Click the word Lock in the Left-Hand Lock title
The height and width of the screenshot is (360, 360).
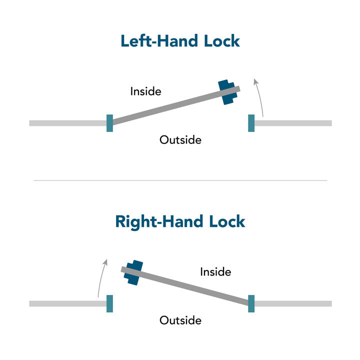coord(222,41)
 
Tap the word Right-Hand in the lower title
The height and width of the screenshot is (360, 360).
coord(159,222)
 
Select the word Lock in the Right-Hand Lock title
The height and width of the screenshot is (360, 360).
coord(227,221)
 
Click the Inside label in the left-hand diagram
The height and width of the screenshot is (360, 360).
coord(146,91)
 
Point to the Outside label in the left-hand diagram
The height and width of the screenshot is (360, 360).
coord(180,140)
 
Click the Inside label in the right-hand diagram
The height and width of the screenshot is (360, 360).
coord(215,272)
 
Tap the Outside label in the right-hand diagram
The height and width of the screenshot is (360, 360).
coord(180,320)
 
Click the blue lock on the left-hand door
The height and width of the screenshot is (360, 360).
coord(227,92)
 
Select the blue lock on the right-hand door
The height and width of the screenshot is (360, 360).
coord(133,273)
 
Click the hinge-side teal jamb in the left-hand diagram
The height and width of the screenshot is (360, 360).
coord(109,123)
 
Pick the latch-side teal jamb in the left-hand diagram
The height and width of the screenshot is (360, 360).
coord(251,123)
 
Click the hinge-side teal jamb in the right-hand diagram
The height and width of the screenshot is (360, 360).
coord(251,303)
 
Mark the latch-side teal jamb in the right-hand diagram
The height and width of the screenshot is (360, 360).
coord(109,303)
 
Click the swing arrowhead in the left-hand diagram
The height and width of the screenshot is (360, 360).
coord(255,81)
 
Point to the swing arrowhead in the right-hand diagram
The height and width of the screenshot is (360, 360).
coord(105,262)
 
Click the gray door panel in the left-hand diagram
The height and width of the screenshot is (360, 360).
coord(176,105)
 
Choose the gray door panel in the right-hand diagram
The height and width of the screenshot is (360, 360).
coord(185,286)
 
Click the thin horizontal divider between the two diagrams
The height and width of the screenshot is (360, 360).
coord(180,180)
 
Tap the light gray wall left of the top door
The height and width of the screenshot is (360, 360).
coord(68,123)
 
